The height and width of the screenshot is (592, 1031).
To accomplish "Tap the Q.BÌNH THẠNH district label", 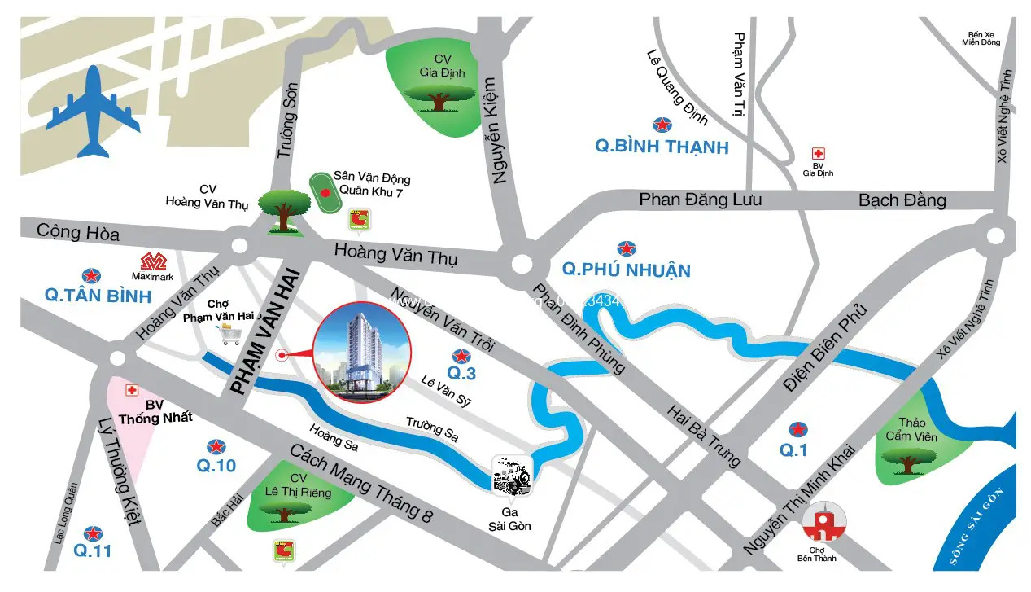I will [x=662, y=147].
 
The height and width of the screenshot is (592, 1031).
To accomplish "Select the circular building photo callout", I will [x=362, y=352].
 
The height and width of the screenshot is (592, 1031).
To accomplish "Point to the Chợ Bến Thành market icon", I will [x=823, y=522].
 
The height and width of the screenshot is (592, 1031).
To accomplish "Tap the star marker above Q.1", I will [x=798, y=428].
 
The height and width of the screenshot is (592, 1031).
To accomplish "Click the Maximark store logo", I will [x=153, y=262].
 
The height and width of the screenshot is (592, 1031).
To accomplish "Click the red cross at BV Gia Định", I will [x=818, y=153].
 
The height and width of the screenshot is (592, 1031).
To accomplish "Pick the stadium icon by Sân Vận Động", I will [x=325, y=193].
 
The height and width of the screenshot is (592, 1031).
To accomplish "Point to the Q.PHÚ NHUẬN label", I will [x=627, y=270].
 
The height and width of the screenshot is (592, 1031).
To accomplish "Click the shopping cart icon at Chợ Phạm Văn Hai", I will [x=229, y=334].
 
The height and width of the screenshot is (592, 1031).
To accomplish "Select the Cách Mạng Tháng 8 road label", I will [x=361, y=484].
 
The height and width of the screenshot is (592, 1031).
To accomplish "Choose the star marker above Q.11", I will [x=92, y=533].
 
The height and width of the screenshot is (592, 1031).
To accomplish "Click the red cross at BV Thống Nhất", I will [x=131, y=391].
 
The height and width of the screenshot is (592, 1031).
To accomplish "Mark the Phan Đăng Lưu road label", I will [x=700, y=199].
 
